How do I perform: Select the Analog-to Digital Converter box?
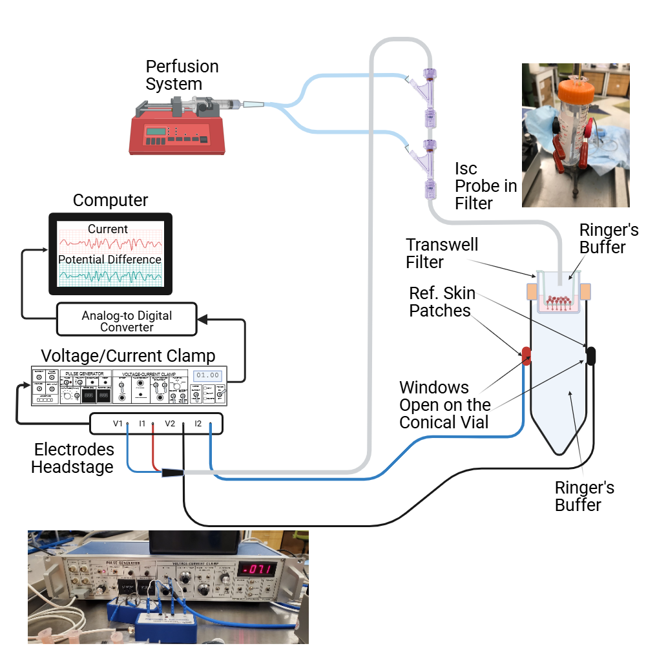pos(127,320)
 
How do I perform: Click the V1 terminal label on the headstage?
pos(118,424)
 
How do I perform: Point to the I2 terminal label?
pos(198,424)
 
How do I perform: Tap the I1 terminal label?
pos(143,424)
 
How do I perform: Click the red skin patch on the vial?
pos(526,355)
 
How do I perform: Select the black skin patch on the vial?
pos(590,355)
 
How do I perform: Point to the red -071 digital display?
pos(258,569)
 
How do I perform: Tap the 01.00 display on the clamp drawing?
pos(208,375)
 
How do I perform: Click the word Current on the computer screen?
pos(108,229)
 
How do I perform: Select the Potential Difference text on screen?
pos(109,259)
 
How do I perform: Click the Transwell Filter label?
pos(433,253)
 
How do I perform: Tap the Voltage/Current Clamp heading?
pos(128,356)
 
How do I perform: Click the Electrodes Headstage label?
pos(74,457)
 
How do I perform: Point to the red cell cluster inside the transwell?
pos(560,300)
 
